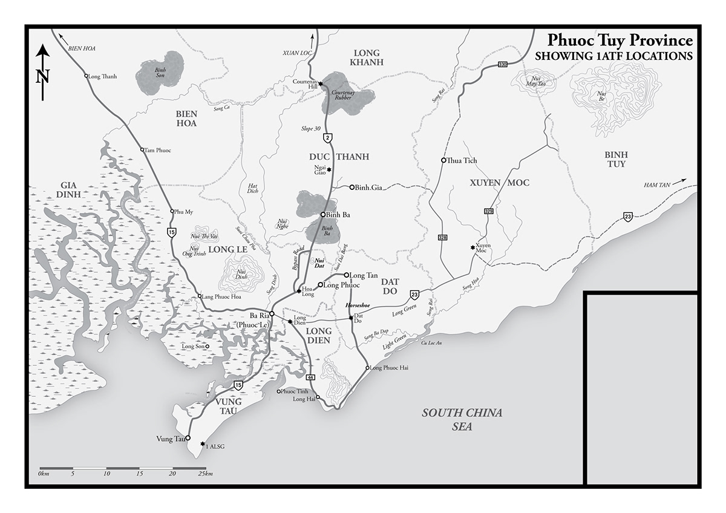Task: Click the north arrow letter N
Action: [x=42, y=76]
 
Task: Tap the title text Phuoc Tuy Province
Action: [x=620, y=41]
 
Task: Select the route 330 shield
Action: [x=502, y=65]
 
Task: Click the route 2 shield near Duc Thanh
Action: [x=327, y=139]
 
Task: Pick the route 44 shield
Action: [x=310, y=376]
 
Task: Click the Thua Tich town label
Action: [x=462, y=160]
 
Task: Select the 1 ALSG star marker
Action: [x=203, y=443]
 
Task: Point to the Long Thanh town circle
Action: [x=85, y=76]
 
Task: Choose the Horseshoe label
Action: [x=358, y=306]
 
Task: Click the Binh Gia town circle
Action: [x=352, y=187]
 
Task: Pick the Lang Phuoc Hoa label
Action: [x=221, y=296]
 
